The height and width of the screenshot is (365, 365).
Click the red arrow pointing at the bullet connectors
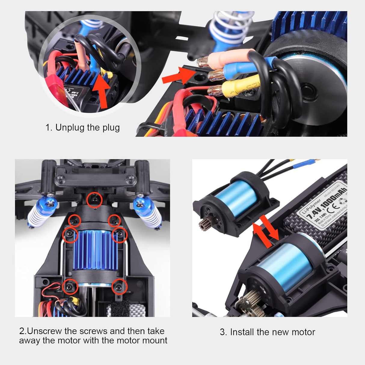(x=178, y=76)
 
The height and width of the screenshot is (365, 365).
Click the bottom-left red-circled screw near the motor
(x=71, y=287)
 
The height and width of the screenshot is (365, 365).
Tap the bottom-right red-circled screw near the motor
(x=119, y=287)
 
